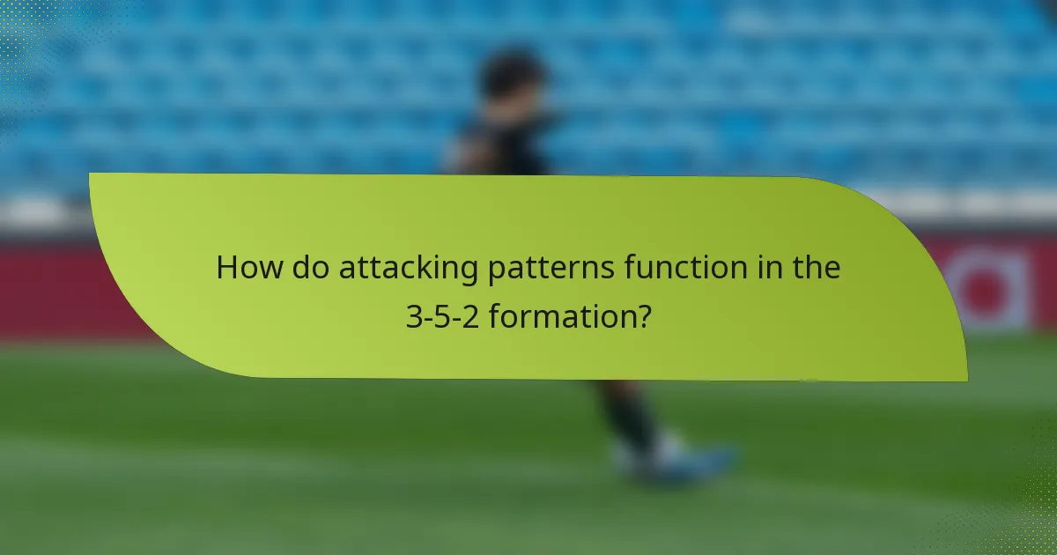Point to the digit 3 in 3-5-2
click(413, 314)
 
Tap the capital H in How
click(228, 268)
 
